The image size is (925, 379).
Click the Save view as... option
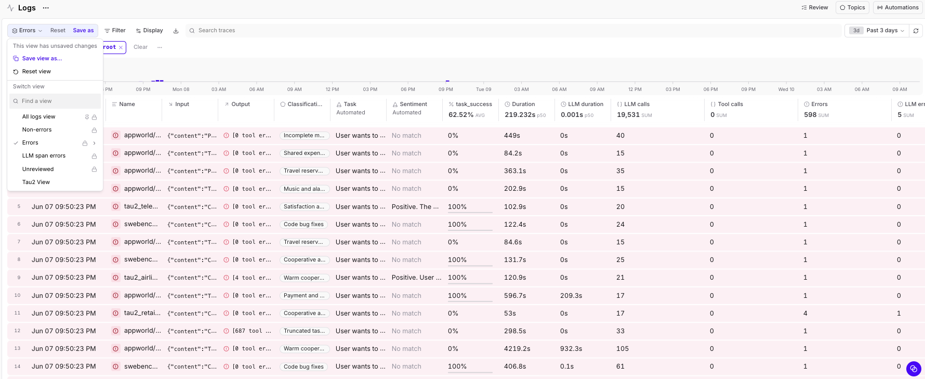click(x=42, y=59)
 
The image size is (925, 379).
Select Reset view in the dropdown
click(x=36, y=72)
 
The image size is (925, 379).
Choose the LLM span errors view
click(x=44, y=156)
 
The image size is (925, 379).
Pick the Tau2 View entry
click(x=36, y=182)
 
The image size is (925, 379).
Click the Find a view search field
click(x=55, y=101)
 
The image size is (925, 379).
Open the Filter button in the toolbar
click(x=115, y=31)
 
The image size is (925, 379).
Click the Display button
click(x=149, y=31)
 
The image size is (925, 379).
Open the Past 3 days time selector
click(x=877, y=31)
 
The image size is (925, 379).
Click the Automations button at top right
click(x=898, y=8)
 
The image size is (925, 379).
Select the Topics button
click(x=852, y=8)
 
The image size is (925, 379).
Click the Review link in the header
click(x=815, y=8)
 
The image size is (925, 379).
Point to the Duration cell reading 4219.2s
click(x=517, y=349)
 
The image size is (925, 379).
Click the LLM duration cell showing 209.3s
click(x=571, y=296)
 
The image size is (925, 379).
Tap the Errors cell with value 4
click(x=805, y=313)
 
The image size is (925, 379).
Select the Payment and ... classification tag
click(x=304, y=296)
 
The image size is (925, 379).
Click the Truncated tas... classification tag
click(x=304, y=331)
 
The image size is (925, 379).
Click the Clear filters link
click(x=140, y=47)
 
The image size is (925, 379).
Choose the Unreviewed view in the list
click(x=38, y=169)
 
